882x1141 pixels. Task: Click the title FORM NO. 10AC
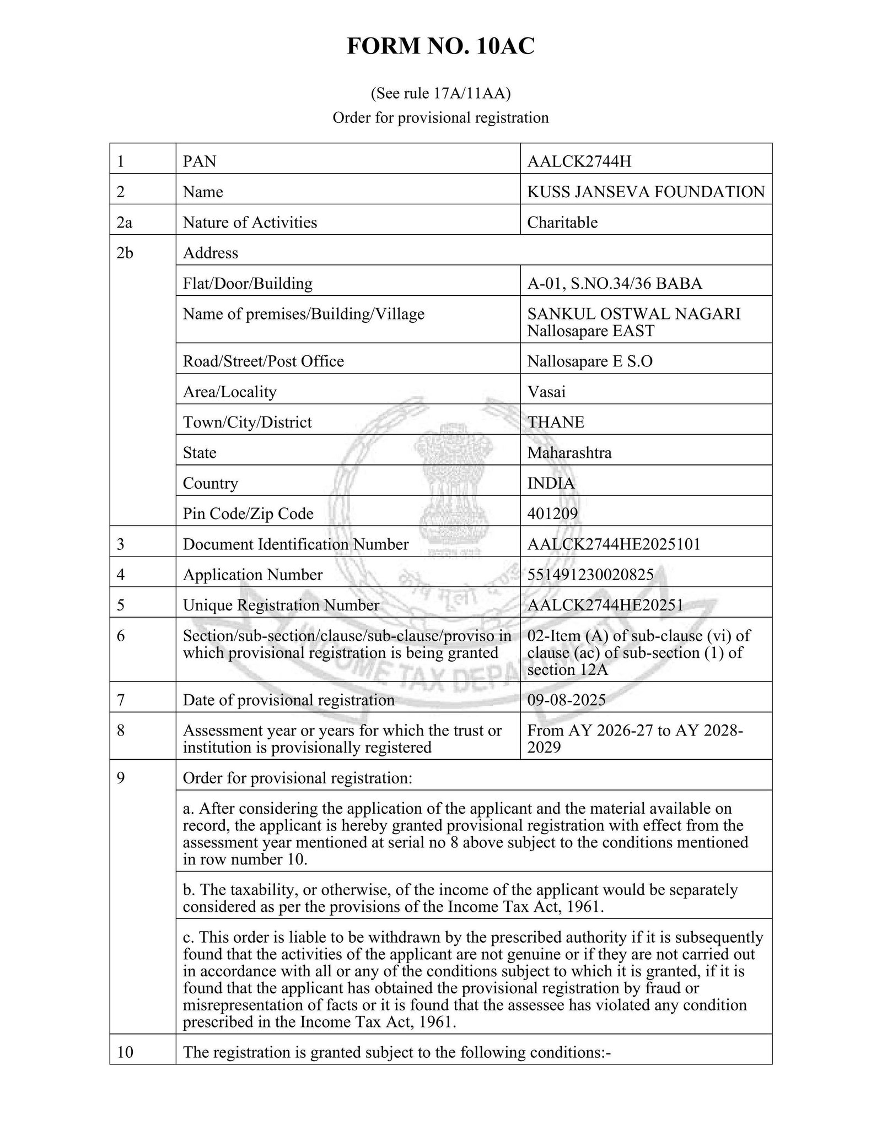pyautogui.click(x=440, y=46)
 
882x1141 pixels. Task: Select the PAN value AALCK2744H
pyautogui.click(x=579, y=161)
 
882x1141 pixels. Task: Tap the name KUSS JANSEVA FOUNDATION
pyautogui.click(x=646, y=192)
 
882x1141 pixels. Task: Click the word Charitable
pyautogui.click(x=562, y=223)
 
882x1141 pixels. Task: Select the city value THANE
pyautogui.click(x=555, y=422)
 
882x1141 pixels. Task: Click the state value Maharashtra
pyautogui.click(x=569, y=453)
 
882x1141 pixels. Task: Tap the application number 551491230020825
pyautogui.click(x=590, y=575)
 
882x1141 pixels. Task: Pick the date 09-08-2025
pyautogui.click(x=566, y=700)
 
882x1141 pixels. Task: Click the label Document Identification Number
pyautogui.click(x=295, y=544)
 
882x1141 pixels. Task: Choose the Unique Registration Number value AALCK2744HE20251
pyautogui.click(x=605, y=605)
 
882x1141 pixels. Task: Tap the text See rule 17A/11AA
pyautogui.click(x=440, y=94)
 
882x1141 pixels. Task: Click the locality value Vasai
pyautogui.click(x=546, y=392)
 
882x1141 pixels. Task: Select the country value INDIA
pyautogui.click(x=550, y=483)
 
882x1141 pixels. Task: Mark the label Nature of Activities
pyautogui.click(x=250, y=223)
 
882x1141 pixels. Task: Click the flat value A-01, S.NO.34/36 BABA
pyautogui.click(x=614, y=283)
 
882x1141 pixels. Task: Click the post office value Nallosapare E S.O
pyautogui.click(x=589, y=361)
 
